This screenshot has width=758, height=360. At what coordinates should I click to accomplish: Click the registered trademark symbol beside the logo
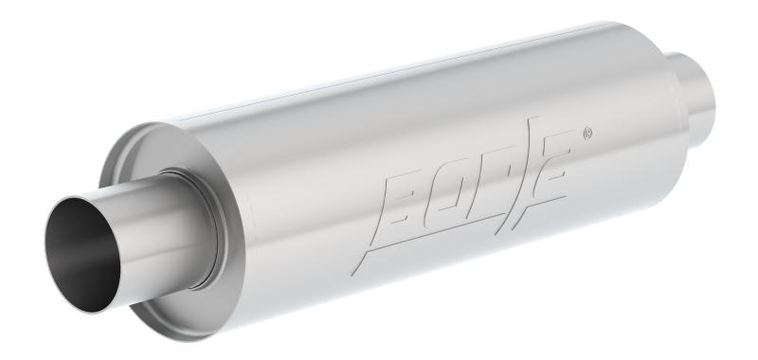coord(588,133)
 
